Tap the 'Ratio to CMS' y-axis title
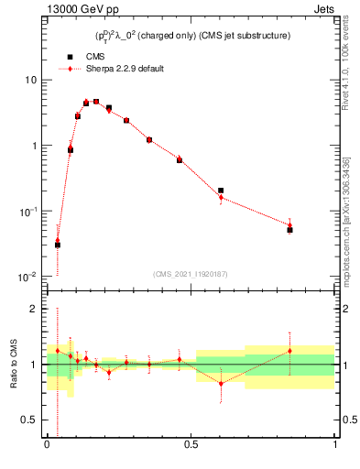(x=13, y=365)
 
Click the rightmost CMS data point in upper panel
(x=289, y=230)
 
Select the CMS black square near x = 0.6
(x=221, y=191)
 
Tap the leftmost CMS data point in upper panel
(x=58, y=245)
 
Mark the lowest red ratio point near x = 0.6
(x=221, y=383)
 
